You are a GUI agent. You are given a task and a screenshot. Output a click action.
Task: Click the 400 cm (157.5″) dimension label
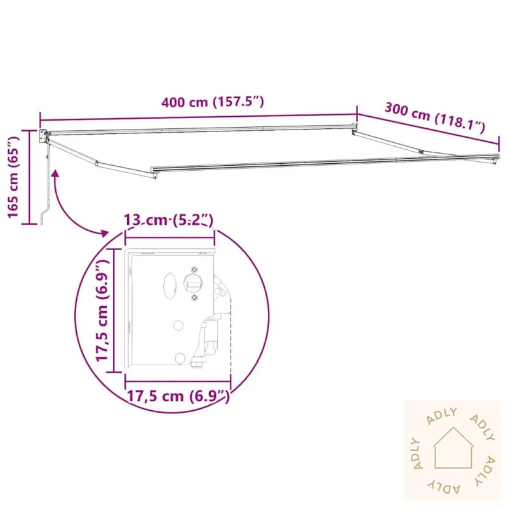(213, 102)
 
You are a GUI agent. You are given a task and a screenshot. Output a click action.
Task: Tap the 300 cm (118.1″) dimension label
(434, 117)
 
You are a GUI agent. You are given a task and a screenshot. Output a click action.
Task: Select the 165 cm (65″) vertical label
(13, 177)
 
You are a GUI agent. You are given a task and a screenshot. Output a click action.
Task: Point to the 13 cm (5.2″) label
(169, 220)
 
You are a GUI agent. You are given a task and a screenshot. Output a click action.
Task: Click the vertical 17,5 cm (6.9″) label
(102, 311)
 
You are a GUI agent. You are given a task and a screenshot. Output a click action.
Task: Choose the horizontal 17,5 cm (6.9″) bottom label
(178, 396)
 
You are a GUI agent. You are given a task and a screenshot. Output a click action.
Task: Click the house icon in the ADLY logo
(453, 448)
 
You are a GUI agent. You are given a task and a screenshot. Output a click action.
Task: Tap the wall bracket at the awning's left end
(43, 136)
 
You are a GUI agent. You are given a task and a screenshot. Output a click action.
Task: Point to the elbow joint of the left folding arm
(97, 164)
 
